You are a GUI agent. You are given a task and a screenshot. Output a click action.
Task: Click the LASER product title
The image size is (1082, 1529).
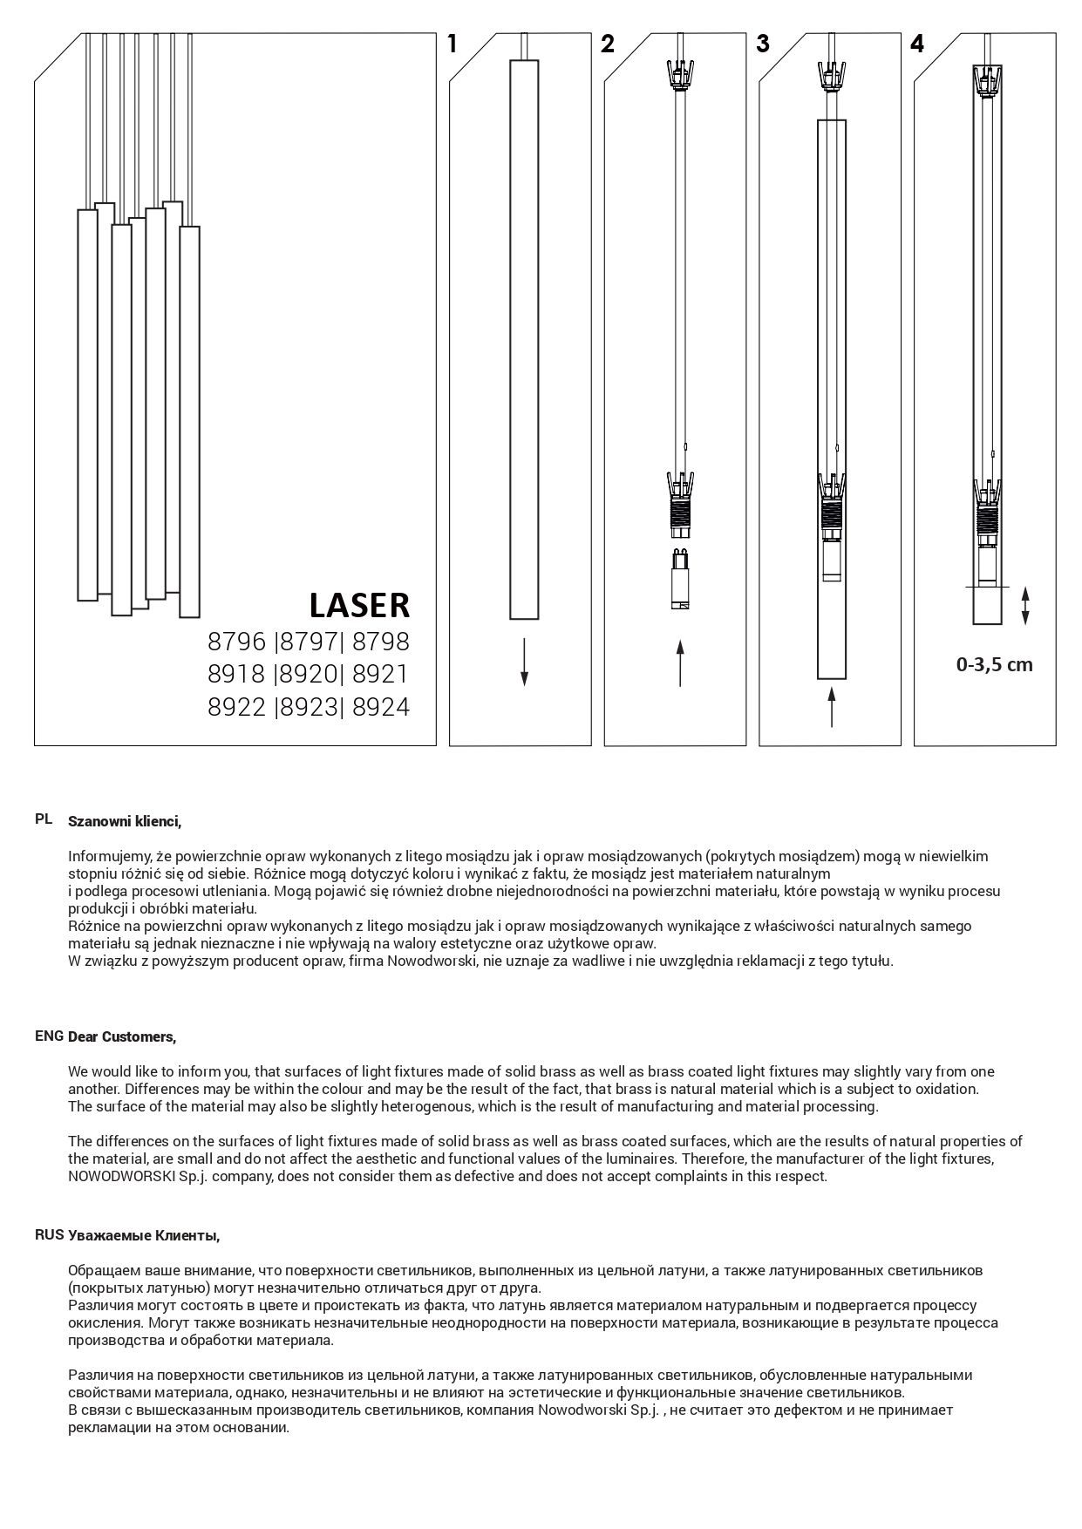[359, 605]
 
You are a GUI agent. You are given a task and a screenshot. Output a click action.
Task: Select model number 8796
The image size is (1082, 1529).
[236, 642]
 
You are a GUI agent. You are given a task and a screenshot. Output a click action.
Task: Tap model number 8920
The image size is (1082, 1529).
[309, 675]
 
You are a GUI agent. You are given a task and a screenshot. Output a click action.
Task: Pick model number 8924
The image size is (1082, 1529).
[381, 707]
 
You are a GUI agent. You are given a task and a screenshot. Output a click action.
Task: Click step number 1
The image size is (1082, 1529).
[452, 44]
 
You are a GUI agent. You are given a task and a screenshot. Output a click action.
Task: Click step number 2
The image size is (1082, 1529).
[608, 44]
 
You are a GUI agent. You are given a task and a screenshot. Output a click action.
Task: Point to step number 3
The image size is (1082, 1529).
[763, 44]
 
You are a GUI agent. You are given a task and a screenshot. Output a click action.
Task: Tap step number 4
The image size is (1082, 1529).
[917, 44]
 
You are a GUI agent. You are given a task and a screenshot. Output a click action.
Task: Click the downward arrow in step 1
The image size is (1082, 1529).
[523, 662]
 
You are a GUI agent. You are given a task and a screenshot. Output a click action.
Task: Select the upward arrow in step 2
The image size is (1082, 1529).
[680, 663]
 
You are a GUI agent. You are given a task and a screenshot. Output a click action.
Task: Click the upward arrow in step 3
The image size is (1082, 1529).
[832, 706]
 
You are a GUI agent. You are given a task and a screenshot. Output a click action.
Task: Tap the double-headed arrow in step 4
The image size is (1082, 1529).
[1025, 606]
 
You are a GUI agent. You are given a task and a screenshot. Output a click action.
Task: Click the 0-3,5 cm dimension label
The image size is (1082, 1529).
[994, 665]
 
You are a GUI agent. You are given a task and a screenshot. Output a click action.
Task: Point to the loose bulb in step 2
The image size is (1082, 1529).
[680, 579]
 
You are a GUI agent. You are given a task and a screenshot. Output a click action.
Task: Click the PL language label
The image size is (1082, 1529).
[44, 819]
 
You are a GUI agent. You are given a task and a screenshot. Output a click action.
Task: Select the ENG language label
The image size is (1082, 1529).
[49, 1036]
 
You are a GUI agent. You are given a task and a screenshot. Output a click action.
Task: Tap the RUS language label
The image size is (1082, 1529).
[49, 1234]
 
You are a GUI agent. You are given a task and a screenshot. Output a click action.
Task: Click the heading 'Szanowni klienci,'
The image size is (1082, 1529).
[125, 821]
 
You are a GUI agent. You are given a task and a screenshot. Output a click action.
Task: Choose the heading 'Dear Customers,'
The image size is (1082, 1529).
[122, 1037]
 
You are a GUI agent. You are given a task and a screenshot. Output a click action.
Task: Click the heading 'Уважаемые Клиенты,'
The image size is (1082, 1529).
[144, 1236]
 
